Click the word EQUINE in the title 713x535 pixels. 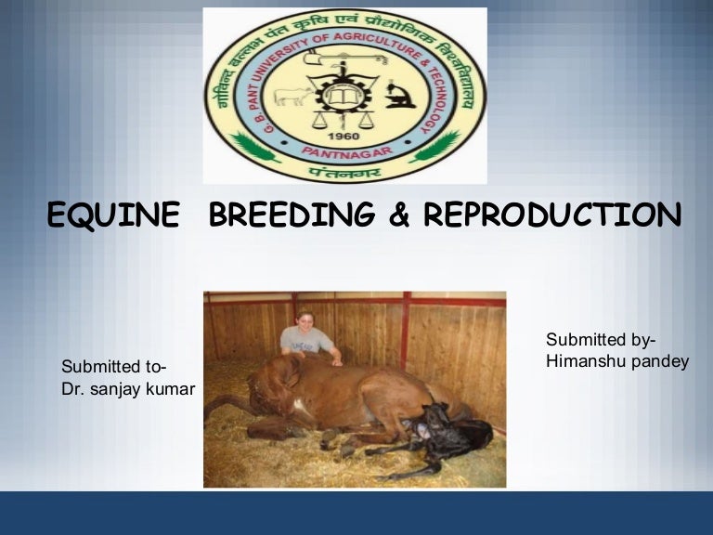tap(112, 215)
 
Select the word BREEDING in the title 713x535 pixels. tap(292, 215)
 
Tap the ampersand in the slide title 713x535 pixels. tap(399, 215)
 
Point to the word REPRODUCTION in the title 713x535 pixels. tap(552, 215)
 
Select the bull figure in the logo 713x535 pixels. tap(291, 96)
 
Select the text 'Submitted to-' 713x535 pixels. tap(114, 368)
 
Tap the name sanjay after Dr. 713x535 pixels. tap(117, 389)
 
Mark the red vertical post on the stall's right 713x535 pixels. tap(405, 330)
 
